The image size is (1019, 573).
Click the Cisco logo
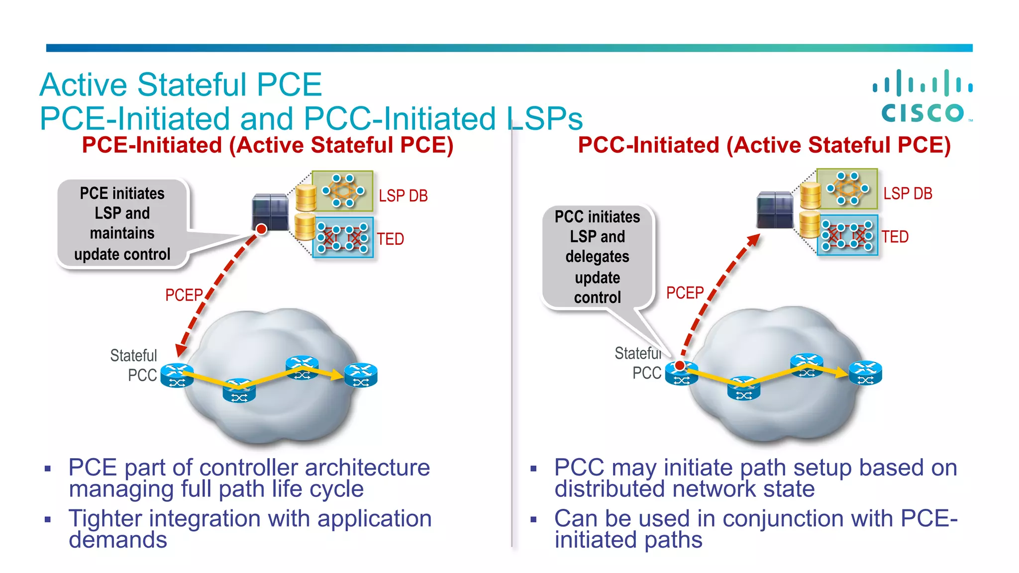(x=923, y=96)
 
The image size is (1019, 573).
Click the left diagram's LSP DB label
(x=403, y=196)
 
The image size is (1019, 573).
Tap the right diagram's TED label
(x=895, y=237)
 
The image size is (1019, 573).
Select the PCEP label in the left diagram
(x=184, y=295)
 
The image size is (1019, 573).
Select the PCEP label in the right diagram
(x=685, y=292)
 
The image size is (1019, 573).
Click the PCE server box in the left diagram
(x=270, y=211)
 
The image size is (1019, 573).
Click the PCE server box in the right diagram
(x=774, y=209)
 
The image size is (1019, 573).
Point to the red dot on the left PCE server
(x=261, y=229)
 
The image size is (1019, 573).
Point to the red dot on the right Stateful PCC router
(x=680, y=366)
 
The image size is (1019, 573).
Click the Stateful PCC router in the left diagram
(x=176, y=376)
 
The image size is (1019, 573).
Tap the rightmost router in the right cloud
(x=865, y=373)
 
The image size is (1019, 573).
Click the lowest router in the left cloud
(x=239, y=391)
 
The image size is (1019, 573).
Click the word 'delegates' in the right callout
(x=597, y=257)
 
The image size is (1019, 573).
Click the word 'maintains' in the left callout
(x=122, y=233)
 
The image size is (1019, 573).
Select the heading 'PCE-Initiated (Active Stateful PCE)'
(x=268, y=145)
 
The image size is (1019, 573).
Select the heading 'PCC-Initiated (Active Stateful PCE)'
(x=764, y=145)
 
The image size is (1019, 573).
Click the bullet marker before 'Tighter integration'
(x=48, y=520)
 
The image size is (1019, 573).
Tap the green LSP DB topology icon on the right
(x=847, y=189)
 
